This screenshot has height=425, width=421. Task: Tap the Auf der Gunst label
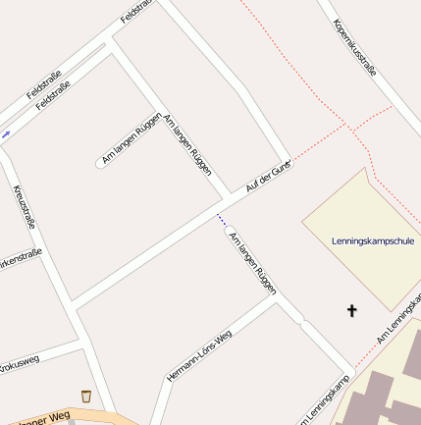pyautogui.click(x=268, y=177)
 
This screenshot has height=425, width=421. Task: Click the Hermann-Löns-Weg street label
pyautogui.click(x=199, y=355)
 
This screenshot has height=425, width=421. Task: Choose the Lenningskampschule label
pyautogui.click(x=373, y=240)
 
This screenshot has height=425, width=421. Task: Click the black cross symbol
pyautogui.click(x=352, y=311)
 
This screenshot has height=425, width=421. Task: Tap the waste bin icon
pyautogui.click(x=86, y=396)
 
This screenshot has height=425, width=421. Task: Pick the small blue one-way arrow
pyautogui.click(x=6, y=133)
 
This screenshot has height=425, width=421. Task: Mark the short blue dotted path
pyautogui.click(x=222, y=220)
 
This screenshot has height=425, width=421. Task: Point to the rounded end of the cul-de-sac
pyautogui.click(x=100, y=163)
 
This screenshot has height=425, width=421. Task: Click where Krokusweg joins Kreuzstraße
pyautogui.click(x=81, y=345)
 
